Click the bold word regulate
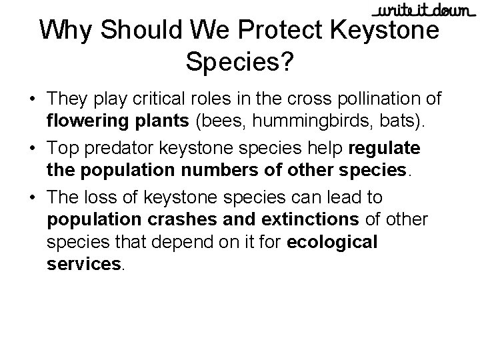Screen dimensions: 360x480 [x=385, y=147]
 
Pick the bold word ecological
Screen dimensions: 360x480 [x=332, y=241]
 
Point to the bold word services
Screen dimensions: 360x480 [x=84, y=264]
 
